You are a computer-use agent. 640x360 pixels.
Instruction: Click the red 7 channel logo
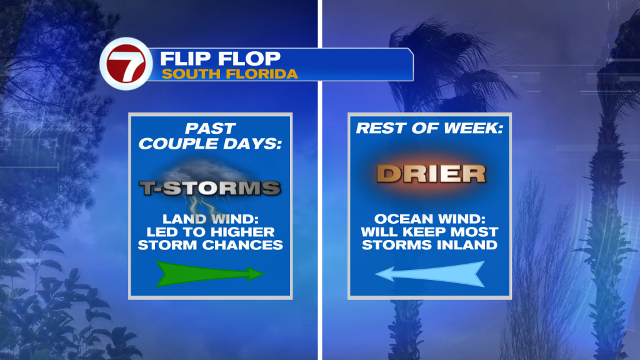[126, 64]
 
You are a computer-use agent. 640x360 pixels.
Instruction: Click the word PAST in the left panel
[210, 129]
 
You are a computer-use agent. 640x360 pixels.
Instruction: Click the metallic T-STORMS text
[210, 188]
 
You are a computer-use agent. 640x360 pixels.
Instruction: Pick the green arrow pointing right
[210, 274]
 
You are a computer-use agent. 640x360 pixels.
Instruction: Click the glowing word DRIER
[431, 174]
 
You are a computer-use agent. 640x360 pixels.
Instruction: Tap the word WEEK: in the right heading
[474, 128]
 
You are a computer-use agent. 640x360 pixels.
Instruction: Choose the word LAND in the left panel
[183, 219]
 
